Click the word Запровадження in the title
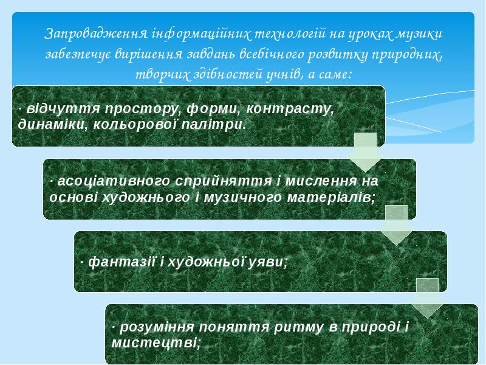tap(96, 34)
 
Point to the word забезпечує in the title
tap(78, 55)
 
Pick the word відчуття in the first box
tap(63, 109)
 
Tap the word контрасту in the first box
tap(290, 109)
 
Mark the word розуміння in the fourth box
tap(157, 327)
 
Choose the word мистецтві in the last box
tap(156, 343)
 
